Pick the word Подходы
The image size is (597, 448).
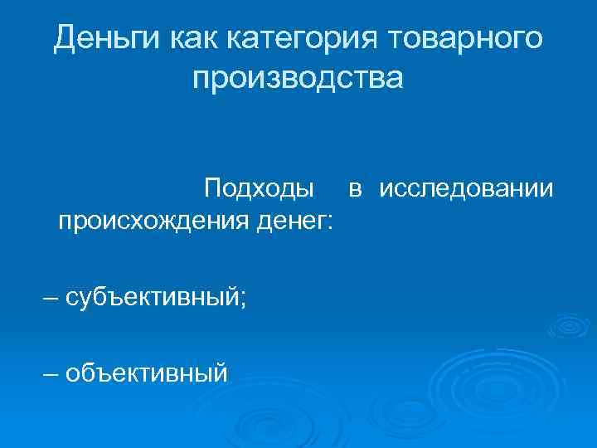259,189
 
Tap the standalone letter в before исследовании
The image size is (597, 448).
355,189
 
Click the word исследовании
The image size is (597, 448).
467,189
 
